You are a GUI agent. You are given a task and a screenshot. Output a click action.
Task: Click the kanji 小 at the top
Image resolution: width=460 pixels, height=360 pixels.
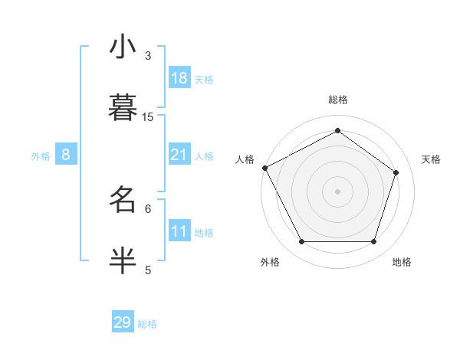[x=123, y=47]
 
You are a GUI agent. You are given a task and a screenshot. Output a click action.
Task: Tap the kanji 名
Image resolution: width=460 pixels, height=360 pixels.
[x=123, y=201]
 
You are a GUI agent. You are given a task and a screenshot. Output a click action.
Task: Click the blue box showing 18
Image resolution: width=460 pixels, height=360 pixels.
[x=179, y=77]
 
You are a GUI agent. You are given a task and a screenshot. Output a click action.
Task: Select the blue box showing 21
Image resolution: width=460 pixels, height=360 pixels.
[x=179, y=155]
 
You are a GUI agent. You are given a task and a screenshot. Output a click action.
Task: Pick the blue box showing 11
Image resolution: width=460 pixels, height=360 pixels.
[x=179, y=232]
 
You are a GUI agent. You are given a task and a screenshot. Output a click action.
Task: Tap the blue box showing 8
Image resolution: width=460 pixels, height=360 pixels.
[x=65, y=155]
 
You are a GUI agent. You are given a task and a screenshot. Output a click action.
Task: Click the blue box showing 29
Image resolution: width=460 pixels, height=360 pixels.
[x=122, y=322]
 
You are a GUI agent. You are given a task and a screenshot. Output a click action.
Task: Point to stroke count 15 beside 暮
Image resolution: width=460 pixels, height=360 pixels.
[x=148, y=116]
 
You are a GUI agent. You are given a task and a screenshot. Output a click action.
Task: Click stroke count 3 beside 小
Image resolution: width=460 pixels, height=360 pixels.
[x=148, y=55]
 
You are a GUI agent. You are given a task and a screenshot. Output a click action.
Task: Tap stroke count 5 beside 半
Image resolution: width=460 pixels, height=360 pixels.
[x=148, y=269]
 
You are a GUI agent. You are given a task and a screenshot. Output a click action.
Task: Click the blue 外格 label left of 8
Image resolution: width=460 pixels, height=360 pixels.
[x=41, y=156]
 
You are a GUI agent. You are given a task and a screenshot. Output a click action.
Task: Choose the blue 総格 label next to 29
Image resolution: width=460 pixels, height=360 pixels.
[x=147, y=324]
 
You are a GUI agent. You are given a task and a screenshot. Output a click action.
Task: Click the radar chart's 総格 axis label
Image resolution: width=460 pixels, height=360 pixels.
[x=337, y=100]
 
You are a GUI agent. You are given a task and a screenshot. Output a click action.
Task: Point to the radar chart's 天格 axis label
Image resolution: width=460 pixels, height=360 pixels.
[x=432, y=159]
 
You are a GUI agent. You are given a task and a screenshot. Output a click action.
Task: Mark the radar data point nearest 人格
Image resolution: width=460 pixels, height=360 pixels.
[x=264, y=168]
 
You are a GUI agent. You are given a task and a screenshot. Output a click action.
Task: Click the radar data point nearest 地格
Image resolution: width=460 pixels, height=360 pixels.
[x=373, y=242]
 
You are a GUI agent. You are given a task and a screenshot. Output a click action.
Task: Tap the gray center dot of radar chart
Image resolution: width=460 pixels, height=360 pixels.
[x=337, y=191]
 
